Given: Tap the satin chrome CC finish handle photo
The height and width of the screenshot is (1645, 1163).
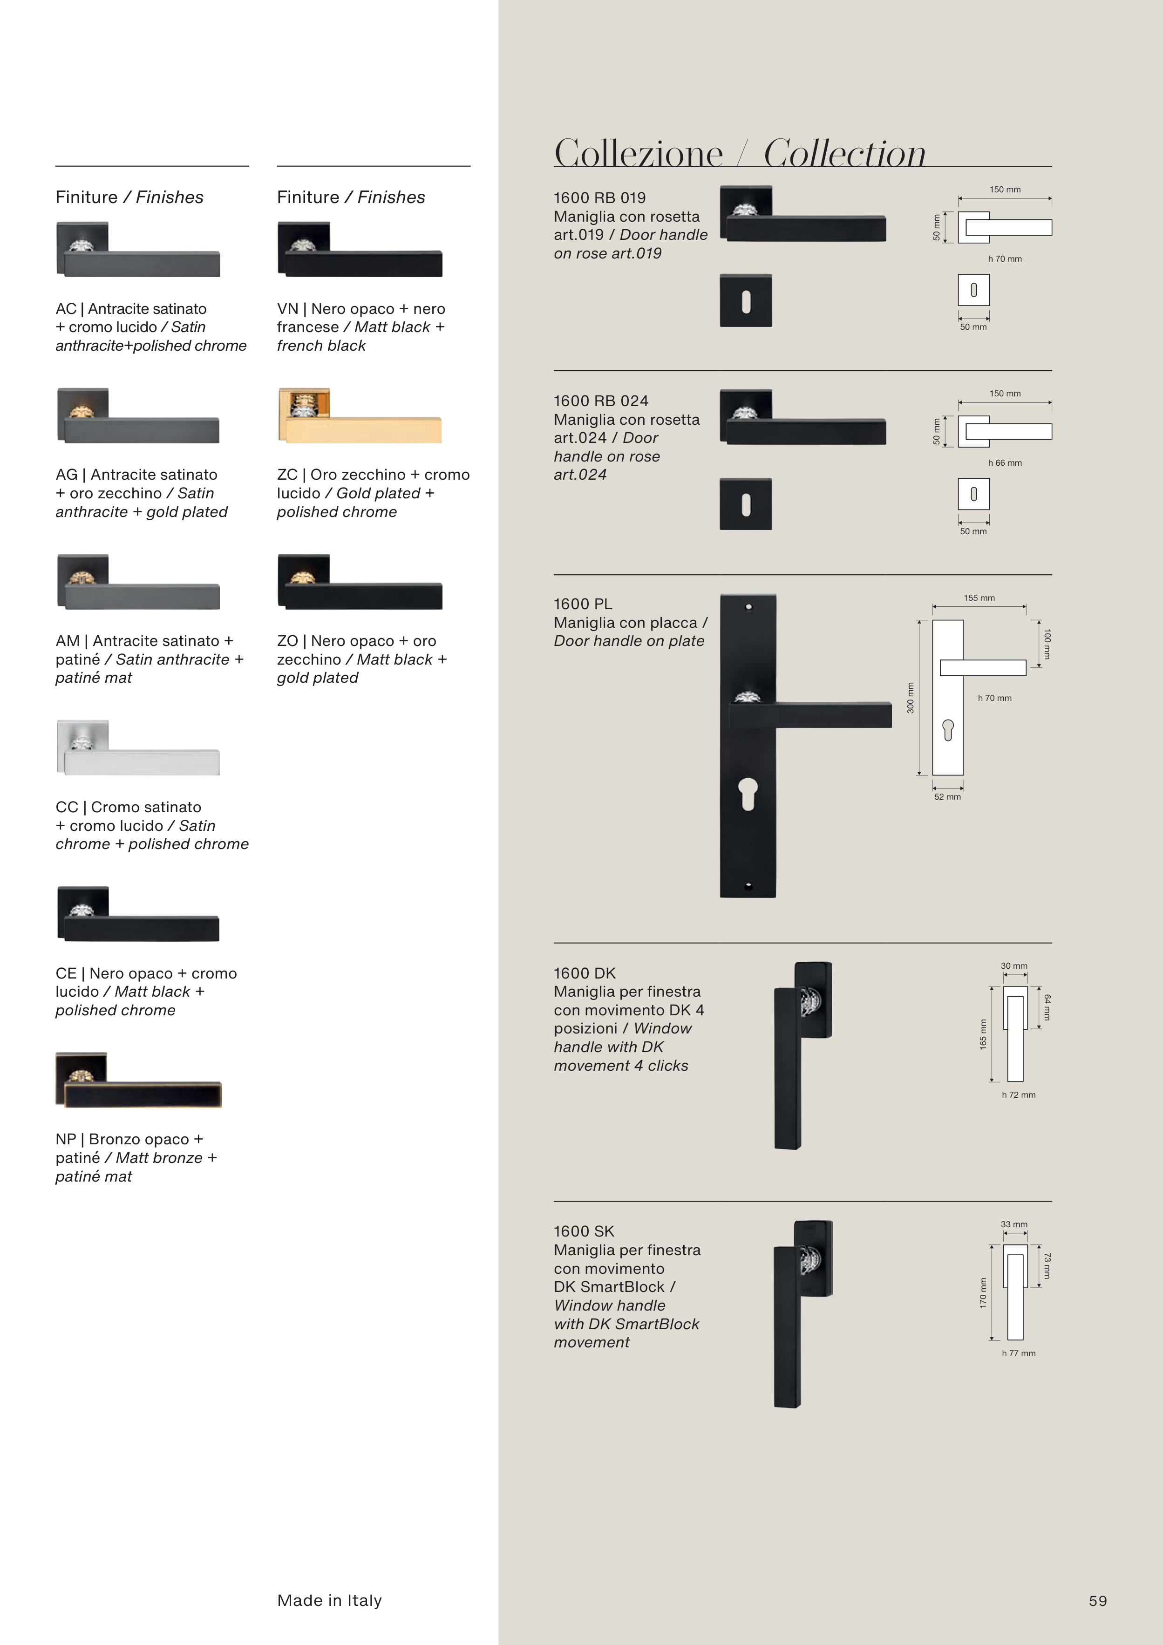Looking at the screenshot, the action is coord(138,748).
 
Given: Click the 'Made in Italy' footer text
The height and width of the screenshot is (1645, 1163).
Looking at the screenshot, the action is coord(330,1601).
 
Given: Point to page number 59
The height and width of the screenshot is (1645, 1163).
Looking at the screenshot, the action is coord(1098,1601).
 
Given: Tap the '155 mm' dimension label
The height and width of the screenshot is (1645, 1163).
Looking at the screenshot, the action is coord(979,598).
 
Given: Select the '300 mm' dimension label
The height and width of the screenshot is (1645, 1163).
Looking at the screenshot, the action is coord(911,698).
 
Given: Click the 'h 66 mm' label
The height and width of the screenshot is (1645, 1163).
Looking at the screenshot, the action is coord(1005,463).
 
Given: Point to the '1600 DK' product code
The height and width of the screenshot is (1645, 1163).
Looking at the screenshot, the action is coord(585,973).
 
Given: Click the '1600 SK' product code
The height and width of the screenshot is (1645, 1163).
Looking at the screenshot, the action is coord(584,1231).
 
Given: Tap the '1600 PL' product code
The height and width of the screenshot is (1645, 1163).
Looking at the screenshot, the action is coord(583,604).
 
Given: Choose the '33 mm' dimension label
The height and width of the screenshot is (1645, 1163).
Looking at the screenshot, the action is coord(1014,1224).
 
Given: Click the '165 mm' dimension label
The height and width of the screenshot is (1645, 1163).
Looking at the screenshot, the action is coord(983,1034).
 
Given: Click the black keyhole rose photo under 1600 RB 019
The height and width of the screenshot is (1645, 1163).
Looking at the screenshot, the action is coord(746,301).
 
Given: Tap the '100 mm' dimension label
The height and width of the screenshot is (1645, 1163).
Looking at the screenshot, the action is coord(1047,644).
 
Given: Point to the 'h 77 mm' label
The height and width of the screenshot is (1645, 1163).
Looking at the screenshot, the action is coord(1018,1353).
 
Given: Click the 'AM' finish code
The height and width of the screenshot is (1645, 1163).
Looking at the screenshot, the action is coord(68,641).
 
